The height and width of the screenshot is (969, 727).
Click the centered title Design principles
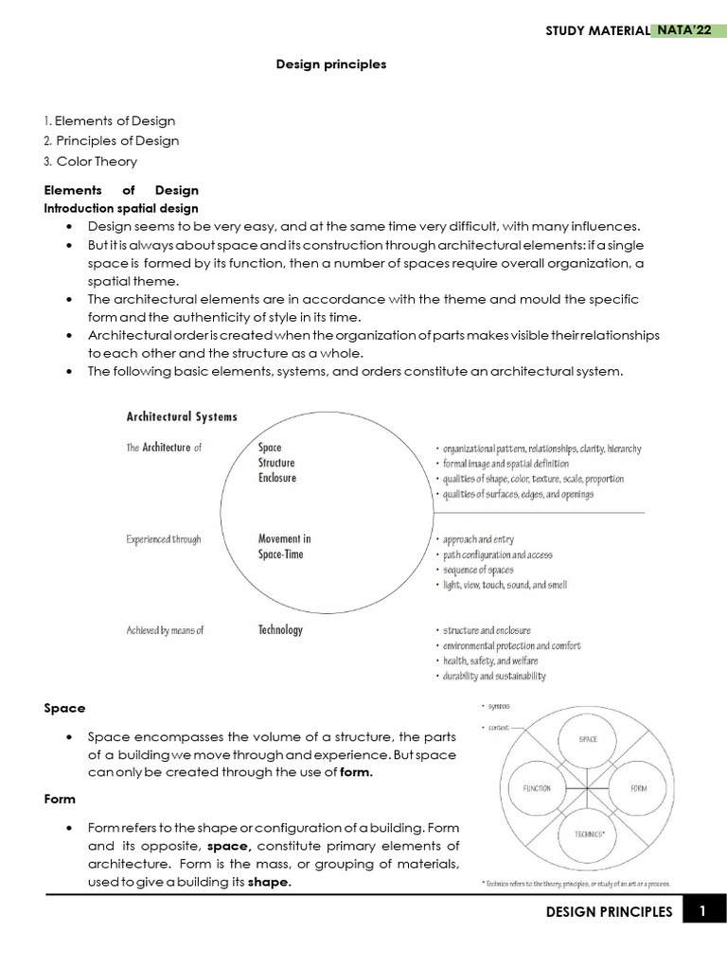point(330,64)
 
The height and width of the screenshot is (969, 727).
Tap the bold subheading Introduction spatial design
point(121,208)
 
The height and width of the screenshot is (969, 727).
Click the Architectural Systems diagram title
point(182,416)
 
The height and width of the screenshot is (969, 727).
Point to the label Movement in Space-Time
point(283,546)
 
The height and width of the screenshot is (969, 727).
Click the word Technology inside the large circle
point(280,629)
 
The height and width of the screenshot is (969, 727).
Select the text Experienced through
point(164,539)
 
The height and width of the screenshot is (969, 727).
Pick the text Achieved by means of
point(165,630)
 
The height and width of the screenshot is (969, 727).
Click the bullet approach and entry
point(478,539)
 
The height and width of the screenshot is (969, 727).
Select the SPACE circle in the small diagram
point(587,739)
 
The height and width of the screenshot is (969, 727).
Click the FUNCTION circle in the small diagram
point(536,787)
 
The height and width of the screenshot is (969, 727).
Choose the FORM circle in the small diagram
point(638,787)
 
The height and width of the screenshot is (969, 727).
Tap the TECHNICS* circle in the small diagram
point(587,835)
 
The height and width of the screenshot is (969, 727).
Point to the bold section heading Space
point(64,708)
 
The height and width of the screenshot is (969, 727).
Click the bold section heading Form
point(60,799)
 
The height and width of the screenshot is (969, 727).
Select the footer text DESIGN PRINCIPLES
point(609,912)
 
